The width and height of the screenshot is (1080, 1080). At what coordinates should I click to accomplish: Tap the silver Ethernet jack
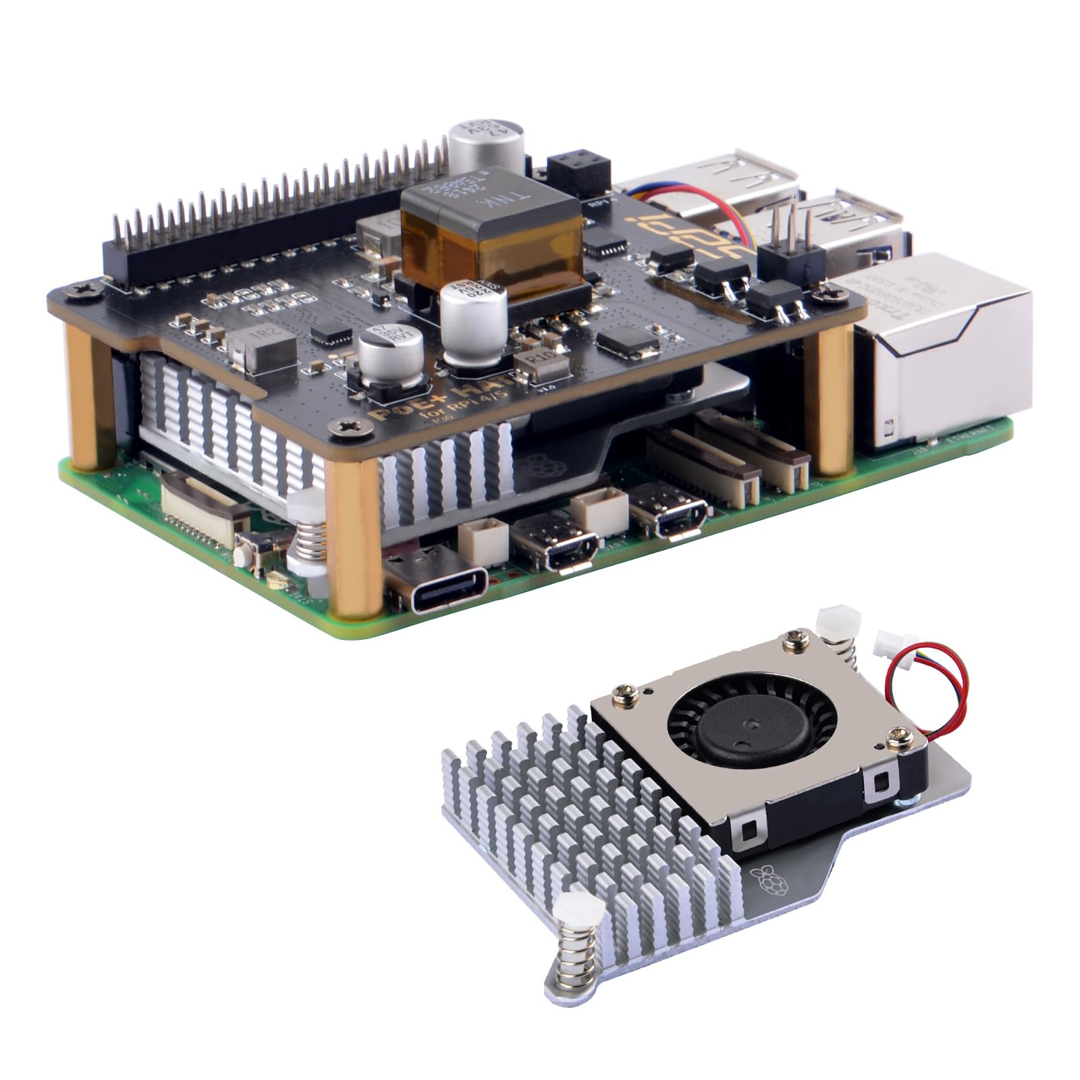[938, 351]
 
